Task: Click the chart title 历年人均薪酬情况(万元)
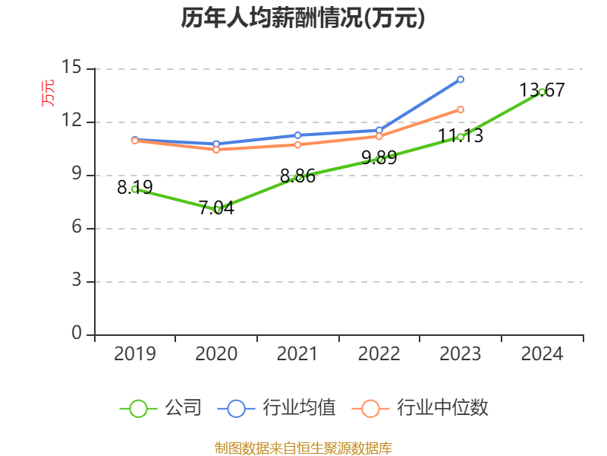point(303,19)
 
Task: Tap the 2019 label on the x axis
point(134,353)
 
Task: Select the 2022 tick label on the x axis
point(379,353)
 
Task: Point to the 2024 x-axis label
point(542,353)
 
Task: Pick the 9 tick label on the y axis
point(76,175)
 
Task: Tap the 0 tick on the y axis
point(77,334)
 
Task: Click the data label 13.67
point(542,90)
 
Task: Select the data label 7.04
point(216,207)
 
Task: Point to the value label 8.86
point(297,176)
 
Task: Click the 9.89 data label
point(379,158)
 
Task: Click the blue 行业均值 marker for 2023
point(461,79)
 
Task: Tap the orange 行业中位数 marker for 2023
point(461,109)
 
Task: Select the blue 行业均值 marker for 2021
point(297,135)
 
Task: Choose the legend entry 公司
point(162,408)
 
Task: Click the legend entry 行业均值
point(277,408)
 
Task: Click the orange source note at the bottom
point(303,448)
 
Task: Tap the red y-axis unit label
point(47,93)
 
